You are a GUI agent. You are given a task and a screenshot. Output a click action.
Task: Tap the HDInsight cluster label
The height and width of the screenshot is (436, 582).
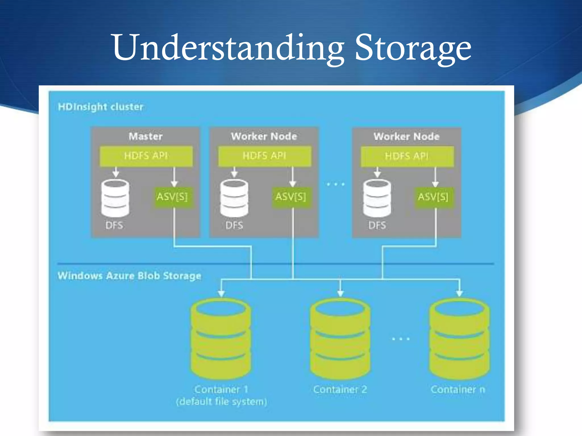pyautogui.click(x=101, y=107)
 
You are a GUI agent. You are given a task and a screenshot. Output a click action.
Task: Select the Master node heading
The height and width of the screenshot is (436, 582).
pyautogui.click(x=145, y=136)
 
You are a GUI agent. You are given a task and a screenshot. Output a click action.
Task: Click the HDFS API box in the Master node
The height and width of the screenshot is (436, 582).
pyautogui.click(x=146, y=156)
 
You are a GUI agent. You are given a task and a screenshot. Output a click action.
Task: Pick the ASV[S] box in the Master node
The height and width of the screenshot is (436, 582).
pyautogui.click(x=172, y=197)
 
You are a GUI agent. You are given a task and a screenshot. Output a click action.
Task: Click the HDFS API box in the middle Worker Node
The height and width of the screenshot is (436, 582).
pyautogui.click(x=264, y=156)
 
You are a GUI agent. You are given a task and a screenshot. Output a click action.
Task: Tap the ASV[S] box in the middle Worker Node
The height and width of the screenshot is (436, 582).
pyautogui.click(x=291, y=197)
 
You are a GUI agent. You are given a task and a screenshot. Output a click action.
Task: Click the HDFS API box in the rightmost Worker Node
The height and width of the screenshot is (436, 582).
pyautogui.click(x=407, y=156)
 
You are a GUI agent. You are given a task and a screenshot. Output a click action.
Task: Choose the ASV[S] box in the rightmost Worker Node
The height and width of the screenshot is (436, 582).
pyautogui.click(x=433, y=197)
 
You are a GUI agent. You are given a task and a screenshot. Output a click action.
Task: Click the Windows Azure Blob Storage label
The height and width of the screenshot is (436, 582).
pyautogui.click(x=129, y=276)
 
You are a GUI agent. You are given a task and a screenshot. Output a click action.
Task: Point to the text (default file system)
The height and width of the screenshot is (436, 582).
pyautogui.click(x=221, y=402)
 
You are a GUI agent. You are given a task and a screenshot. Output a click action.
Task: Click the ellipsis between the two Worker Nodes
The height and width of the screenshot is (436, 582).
pyautogui.click(x=336, y=185)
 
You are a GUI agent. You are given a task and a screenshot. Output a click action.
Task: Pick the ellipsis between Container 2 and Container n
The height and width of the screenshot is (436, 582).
pyautogui.click(x=401, y=339)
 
